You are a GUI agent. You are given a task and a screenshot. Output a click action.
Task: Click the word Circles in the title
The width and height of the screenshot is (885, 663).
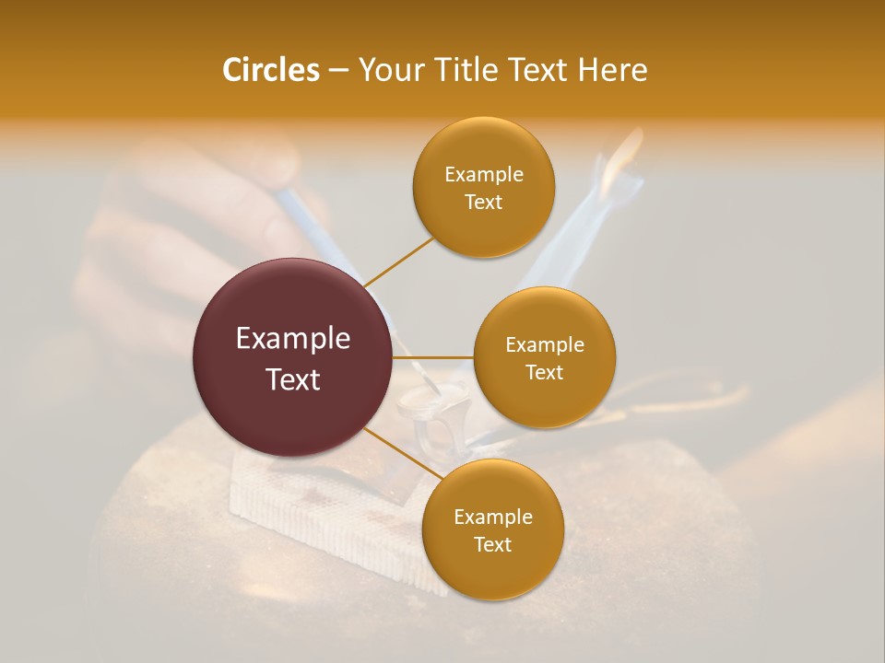click(270, 70)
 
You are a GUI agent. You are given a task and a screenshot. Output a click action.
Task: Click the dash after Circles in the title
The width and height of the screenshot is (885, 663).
click(337, 71)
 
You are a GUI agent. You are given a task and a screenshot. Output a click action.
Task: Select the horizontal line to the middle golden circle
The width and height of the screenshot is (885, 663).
click(433, 357)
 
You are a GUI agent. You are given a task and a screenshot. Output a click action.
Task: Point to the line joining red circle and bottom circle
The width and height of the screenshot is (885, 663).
click(402, 452)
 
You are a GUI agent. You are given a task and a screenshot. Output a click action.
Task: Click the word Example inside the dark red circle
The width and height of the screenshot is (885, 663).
click(293, 339)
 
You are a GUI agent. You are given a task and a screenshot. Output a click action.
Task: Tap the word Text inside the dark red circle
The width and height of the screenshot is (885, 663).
click(293, 378)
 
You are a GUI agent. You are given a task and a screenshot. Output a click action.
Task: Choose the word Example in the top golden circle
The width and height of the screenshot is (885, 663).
click(484, 174)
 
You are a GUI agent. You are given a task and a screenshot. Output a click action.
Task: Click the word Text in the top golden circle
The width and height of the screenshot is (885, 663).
click(484, 202)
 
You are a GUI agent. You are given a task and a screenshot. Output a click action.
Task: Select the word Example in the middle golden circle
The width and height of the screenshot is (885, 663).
click(545, 344)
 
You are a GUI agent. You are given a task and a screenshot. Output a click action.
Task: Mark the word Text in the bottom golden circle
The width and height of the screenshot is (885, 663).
click(492, 544)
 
